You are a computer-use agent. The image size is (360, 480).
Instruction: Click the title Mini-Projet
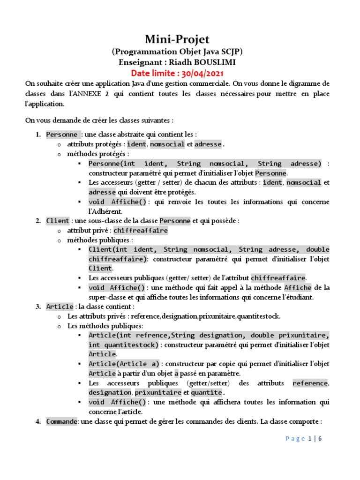[x=177, y=39]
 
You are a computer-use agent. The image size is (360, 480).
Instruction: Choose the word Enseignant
[x=139, y=62]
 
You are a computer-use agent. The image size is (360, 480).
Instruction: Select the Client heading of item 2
[x=58, y=220]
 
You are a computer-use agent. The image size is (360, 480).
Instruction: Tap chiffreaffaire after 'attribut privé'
[x=141, y=231]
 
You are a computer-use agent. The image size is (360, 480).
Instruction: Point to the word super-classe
[x=109, y=297]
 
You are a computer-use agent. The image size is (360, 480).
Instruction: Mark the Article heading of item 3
[x=60, y=307]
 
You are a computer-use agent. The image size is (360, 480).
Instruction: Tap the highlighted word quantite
[x=207, y=392]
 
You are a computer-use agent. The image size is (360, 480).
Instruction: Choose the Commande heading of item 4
[x=61, y=421]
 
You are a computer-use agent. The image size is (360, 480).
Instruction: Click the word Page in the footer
[x=295, y=439]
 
